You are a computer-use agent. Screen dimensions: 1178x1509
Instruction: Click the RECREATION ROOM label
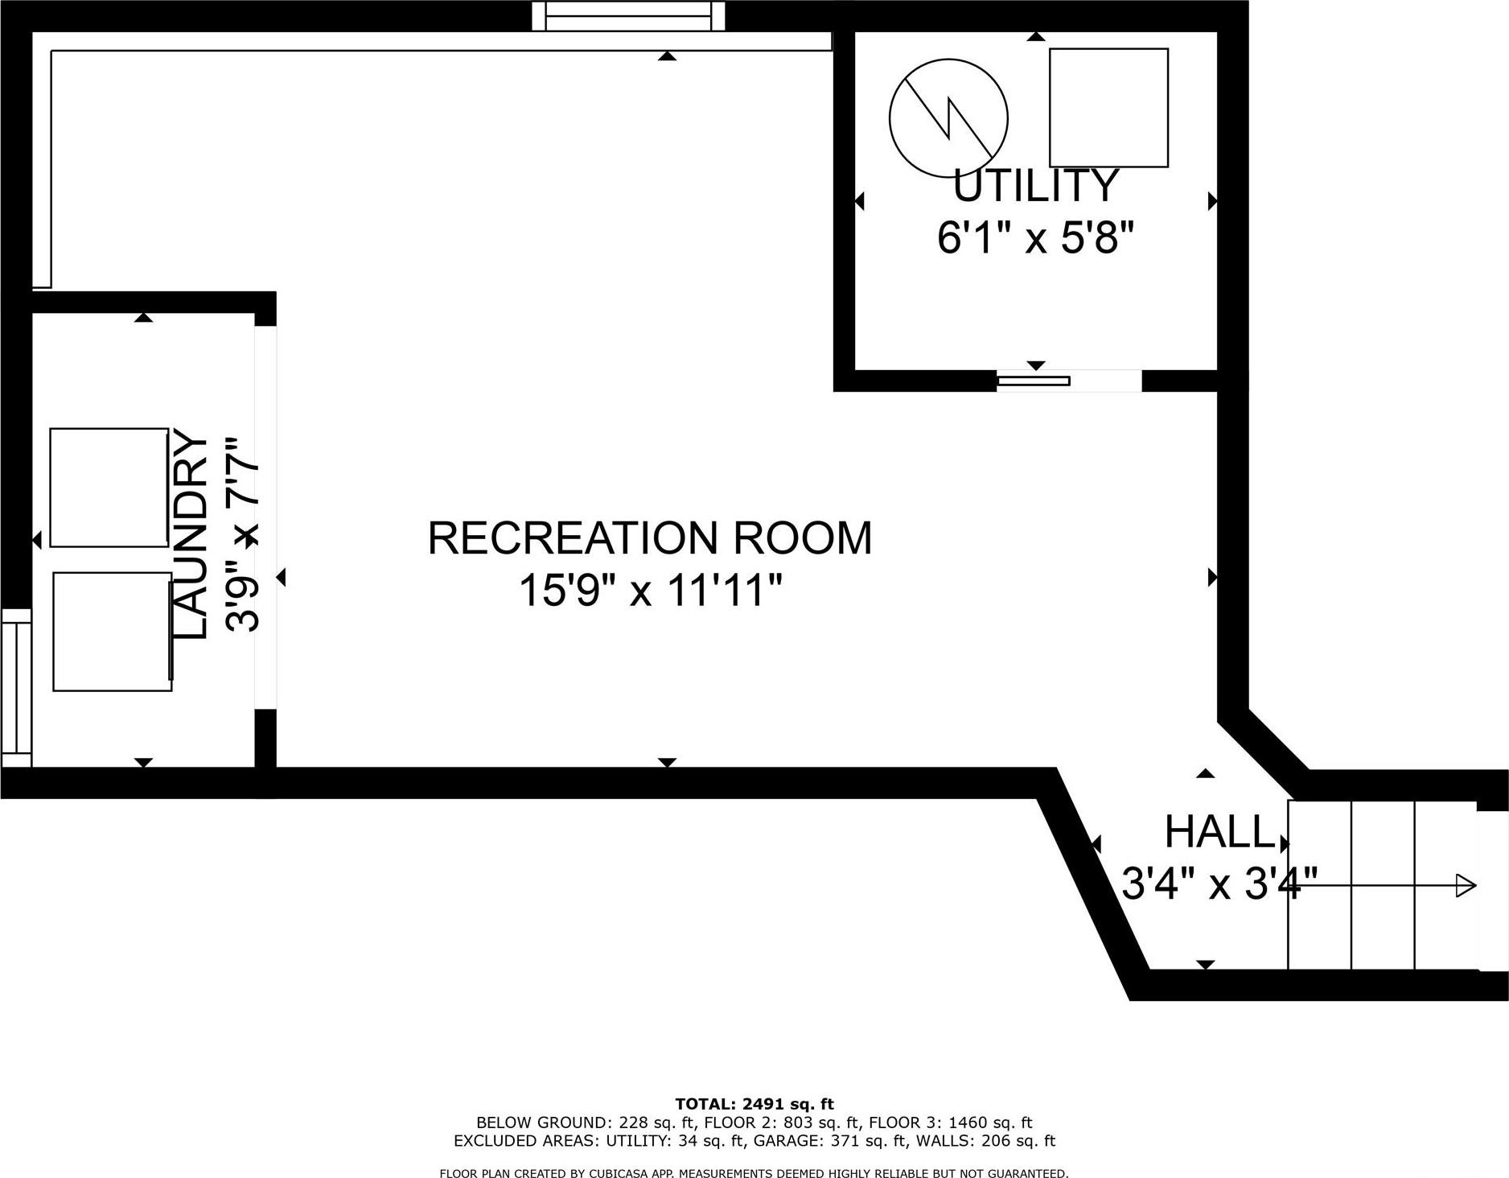(649, 538)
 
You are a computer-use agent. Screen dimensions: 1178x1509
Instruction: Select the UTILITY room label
(1036, 187)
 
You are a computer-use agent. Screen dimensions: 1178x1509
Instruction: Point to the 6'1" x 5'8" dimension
(1036, 238)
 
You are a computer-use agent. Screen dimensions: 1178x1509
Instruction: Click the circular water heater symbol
(948, 117)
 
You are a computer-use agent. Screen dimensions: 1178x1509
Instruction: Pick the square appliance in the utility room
(1108, 108)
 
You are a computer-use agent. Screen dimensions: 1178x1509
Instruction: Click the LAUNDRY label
(191, 535)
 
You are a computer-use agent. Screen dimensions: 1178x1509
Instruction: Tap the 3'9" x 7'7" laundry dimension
(243, 535)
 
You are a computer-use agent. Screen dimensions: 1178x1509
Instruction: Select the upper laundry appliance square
(109, 488)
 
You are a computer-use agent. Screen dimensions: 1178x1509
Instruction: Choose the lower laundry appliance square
(113, 632)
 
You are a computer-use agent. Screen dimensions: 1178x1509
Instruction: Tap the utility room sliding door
(1034, 381)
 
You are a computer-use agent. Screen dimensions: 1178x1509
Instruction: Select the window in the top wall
(628, 15)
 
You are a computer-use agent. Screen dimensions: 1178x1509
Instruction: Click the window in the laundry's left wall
(15, 688)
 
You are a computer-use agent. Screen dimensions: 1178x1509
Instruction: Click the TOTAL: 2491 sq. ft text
(754, 1104)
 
